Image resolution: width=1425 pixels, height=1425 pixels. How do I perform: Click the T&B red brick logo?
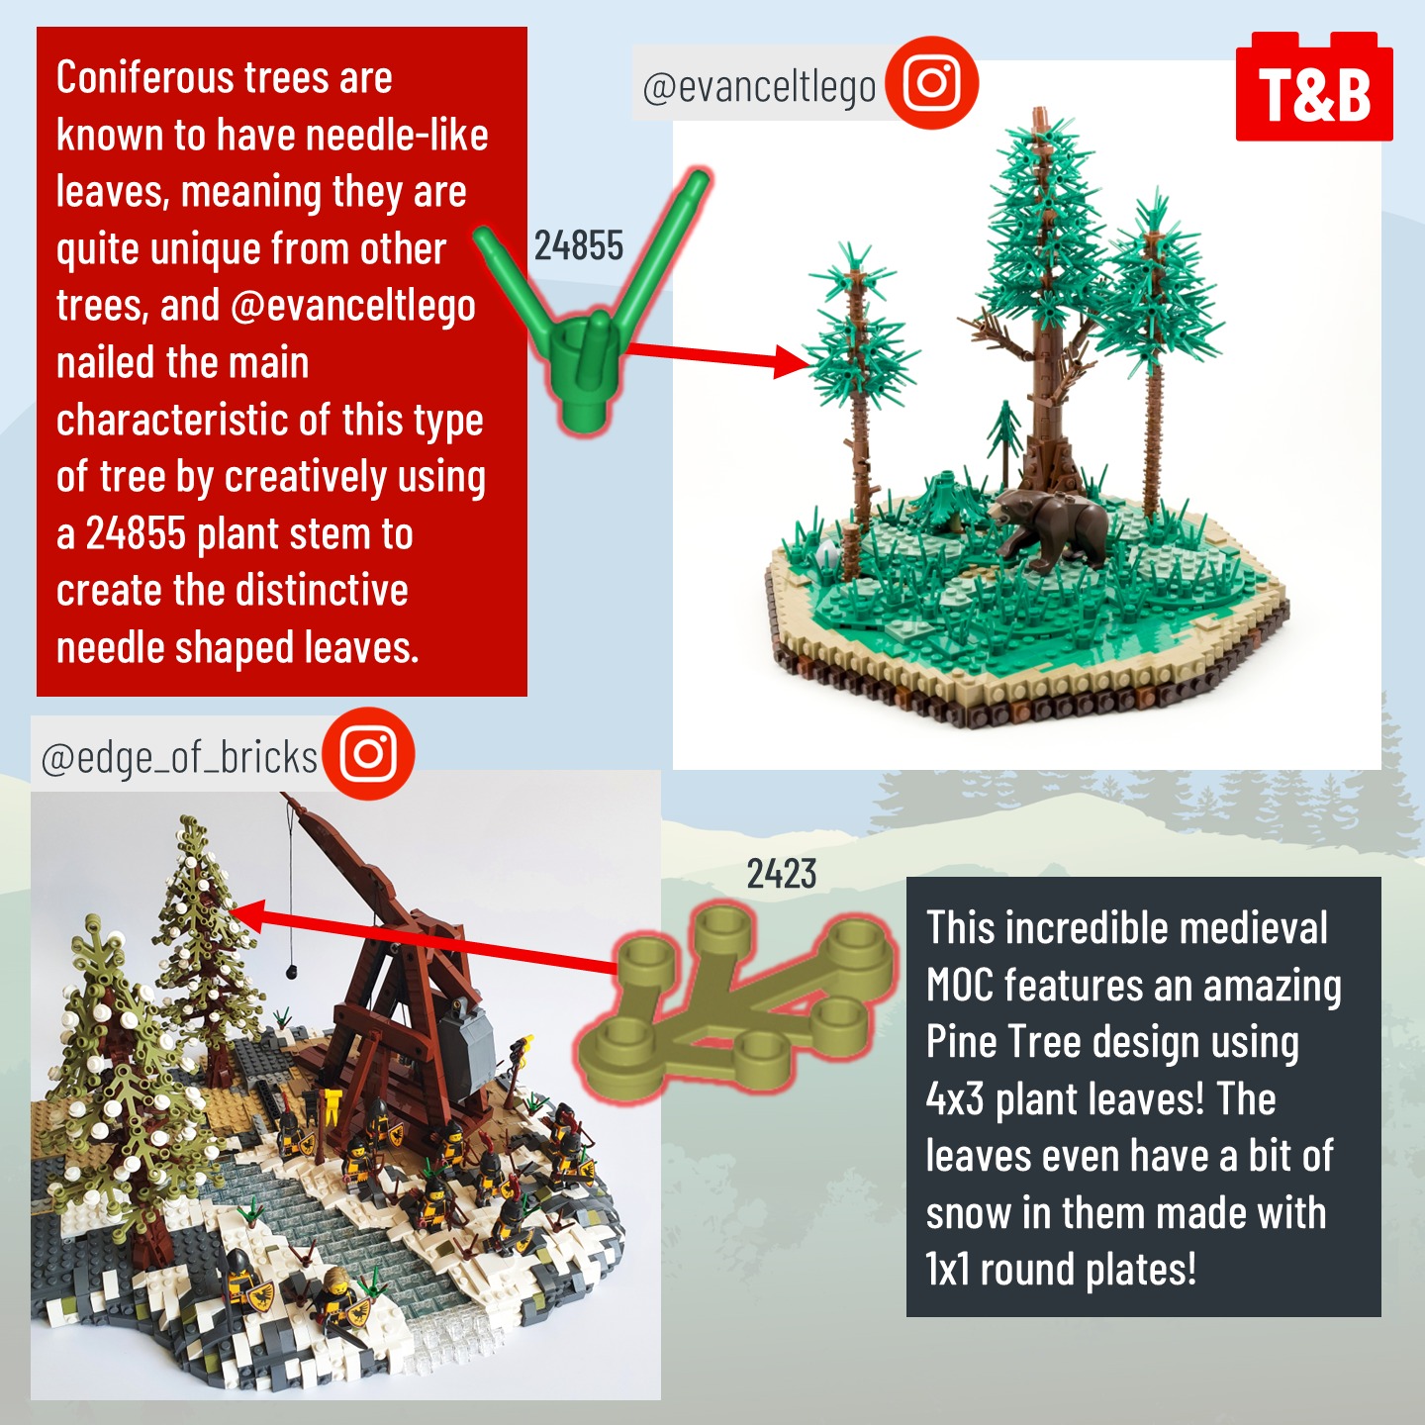pyautogui.click(x=1314, y=86)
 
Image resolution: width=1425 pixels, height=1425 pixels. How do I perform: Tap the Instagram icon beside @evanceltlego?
pyautogui.click(x=932, y=82)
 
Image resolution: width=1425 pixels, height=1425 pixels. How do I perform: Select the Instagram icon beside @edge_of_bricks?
pyautogui.click(x=368, y=753)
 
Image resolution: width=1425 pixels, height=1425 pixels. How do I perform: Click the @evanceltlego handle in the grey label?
pyautogui.click(x=759, y=88)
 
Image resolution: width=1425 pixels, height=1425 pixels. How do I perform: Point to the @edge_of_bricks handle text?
pyautogui.click(x=179, y=758)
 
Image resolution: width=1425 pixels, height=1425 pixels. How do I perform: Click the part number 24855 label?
pyautogui.click(x=578, y=245)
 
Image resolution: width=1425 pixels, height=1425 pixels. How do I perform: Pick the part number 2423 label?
pyautogui.click(x=782, y=874)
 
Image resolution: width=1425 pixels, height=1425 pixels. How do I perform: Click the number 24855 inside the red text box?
pyautogui.click(x=136, y=533)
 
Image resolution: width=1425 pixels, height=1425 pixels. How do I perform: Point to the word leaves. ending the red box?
pyautogui.click(x=361, y=648)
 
